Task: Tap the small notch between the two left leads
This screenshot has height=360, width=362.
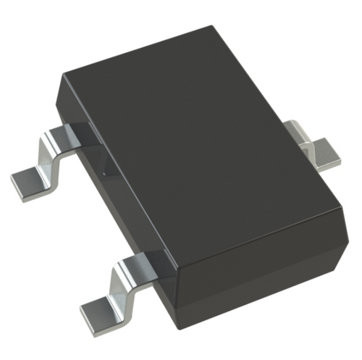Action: pyautogui.click(x=105, y=174)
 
